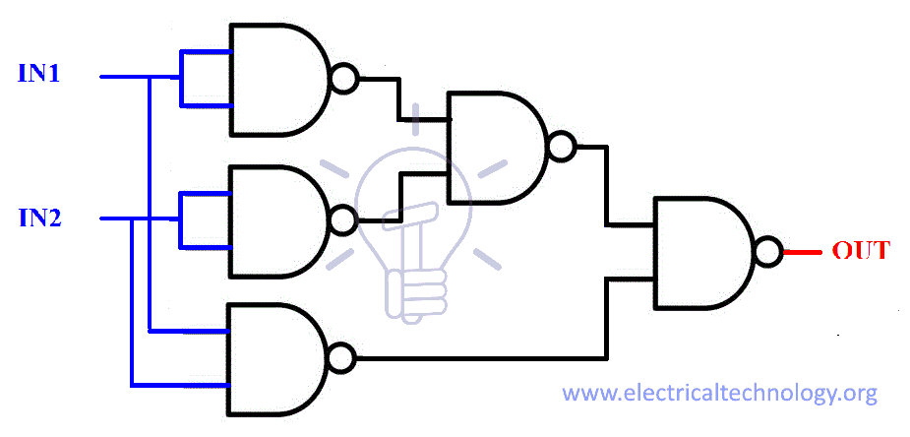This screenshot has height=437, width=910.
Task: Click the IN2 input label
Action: [40, 218]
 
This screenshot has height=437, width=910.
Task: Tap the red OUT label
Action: [861, 250]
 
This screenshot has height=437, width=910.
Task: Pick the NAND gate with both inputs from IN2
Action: [276, 220]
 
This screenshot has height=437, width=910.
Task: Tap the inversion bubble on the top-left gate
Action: [343, 79]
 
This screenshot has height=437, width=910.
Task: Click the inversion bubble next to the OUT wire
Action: [769, 252]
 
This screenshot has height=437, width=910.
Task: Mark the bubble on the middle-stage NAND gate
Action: [561, 147]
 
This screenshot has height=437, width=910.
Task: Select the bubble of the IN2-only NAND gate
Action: [342, 220]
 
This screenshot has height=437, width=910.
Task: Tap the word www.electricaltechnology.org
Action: [719, 394]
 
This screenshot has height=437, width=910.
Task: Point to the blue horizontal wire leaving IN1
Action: [123, 76]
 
